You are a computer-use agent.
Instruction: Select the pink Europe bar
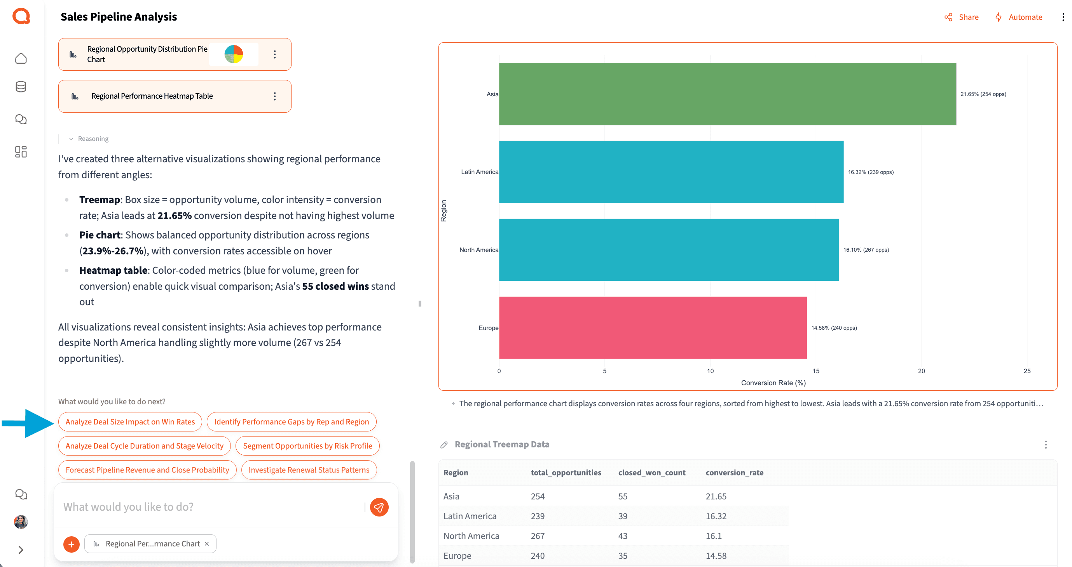(653, 327)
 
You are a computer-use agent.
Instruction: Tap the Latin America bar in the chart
(671, 172)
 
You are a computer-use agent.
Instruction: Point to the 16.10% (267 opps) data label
(866, 250)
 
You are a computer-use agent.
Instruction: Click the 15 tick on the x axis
(815, 371)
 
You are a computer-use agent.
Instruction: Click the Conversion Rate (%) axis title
(773, 383)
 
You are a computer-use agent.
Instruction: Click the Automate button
(1019, 17)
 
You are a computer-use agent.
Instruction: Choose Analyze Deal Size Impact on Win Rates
(130, 422)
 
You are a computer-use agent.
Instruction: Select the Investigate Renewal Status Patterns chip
(309, 470)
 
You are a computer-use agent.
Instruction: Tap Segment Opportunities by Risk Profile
(307, 445)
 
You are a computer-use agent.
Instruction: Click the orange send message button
(379, 507)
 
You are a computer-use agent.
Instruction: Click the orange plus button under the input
(72, 544)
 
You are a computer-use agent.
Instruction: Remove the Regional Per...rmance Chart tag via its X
(207, 544)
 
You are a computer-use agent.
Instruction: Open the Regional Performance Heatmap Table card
(152, 96)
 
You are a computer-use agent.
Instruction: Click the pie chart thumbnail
(234, 54)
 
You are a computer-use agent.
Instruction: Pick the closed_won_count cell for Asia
(623, 496)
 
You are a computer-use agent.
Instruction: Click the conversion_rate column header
(734, 473)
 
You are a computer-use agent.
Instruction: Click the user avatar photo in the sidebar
(21, 522)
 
